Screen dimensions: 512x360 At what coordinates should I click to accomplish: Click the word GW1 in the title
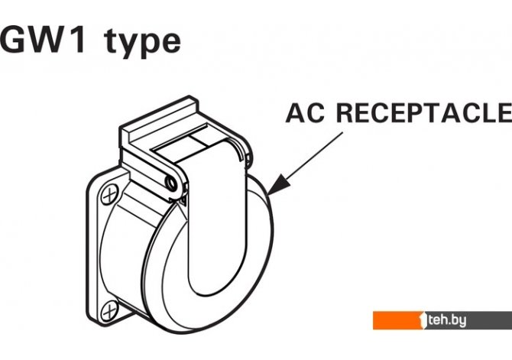tap(44, 41)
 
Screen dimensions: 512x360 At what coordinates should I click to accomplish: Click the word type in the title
tap(142, 44)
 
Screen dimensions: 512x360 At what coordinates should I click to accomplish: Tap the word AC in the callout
tap(305, 112)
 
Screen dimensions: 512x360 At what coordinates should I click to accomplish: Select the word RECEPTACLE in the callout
tap(424, 112)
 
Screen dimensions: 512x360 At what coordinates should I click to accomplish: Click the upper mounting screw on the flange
tap(109, 195)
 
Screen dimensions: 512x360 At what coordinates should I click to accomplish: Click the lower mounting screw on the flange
tap(109, 310)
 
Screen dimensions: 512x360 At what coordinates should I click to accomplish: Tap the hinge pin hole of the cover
tap(170, 183)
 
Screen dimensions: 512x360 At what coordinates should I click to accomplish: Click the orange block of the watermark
tap(397, 320)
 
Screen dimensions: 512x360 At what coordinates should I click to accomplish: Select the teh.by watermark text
tap(447, 320)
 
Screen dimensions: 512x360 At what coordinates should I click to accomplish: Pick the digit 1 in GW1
tap(79, 41)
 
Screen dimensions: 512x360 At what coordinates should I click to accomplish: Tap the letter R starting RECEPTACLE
tap(346, 112)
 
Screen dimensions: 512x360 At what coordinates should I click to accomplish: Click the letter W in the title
tap(48, 41)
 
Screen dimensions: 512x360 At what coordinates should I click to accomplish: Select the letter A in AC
tap(295, 112)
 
